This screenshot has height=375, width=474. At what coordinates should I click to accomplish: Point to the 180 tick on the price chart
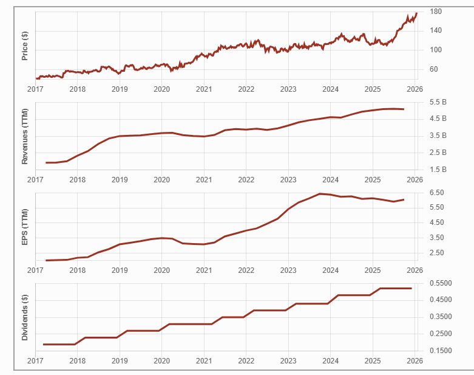(x=435, y=12)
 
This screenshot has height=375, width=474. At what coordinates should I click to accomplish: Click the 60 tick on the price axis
(x=434, y=69)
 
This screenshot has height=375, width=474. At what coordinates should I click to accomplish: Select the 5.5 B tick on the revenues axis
(x=438, y=101)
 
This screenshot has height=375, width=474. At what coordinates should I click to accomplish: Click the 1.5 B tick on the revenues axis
(x=438, y=169)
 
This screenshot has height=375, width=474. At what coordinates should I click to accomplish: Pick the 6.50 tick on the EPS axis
(x=437, y=193)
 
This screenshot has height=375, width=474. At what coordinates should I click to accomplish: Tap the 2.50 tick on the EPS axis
(x=437, y=253)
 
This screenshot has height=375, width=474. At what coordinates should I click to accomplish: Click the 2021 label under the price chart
(x=203, y=89)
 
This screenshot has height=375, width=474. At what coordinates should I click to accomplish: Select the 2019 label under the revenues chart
(x=120, y=180)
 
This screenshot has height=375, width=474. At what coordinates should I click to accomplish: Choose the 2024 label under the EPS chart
(x=330, y=270)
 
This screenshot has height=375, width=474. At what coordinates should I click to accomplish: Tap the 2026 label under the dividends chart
(x=414, y=360)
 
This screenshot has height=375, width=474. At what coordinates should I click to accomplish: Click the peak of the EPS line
(x=320, y=194)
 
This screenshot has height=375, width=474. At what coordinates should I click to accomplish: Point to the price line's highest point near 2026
(x=416, y=13)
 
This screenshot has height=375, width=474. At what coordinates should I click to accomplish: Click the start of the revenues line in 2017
(x=46, y=163)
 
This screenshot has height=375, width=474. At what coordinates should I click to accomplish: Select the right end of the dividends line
(x=411, y=288)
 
